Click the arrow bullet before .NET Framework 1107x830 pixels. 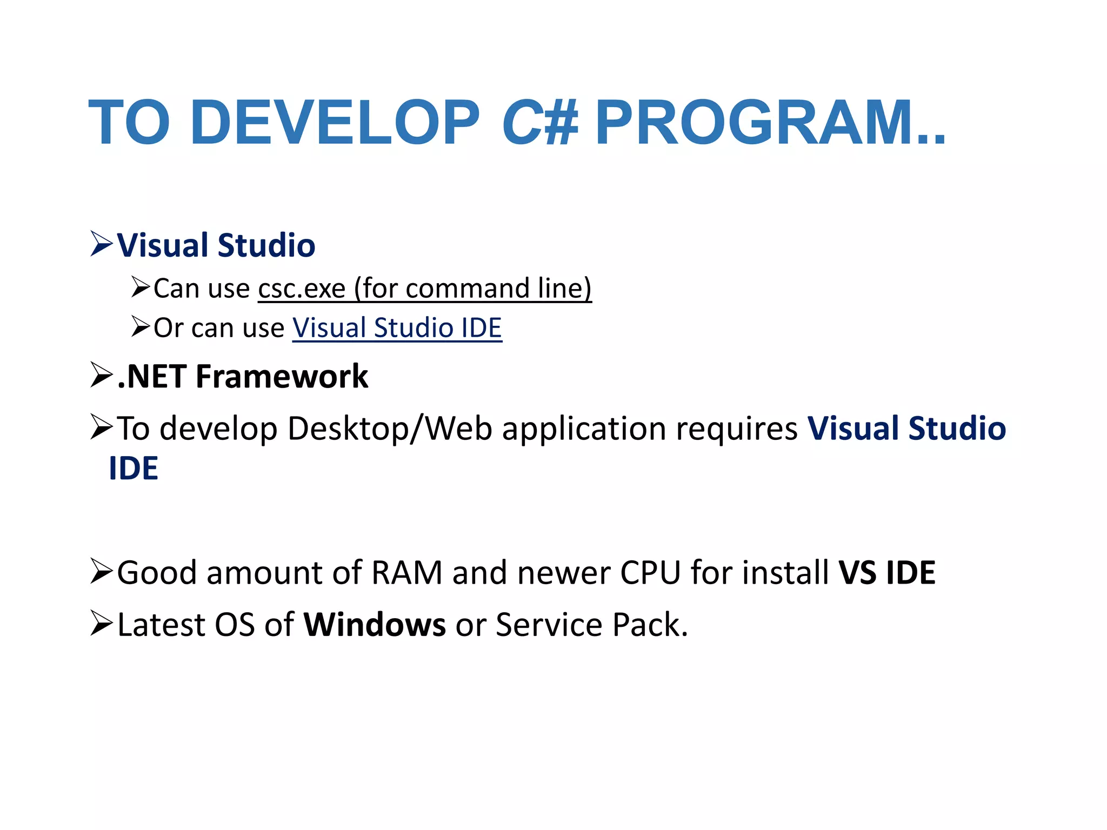point(101,375)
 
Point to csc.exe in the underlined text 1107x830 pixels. point(302,288)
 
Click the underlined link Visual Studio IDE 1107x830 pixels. point(397,327)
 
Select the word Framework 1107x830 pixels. point(282,376)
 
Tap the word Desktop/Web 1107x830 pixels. point(390,429)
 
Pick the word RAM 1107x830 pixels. point(407,572)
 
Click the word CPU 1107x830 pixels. point(650,572)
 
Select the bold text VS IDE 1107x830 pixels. point(887,572)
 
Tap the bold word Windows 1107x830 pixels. point(375,625)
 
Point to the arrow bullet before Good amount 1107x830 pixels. point(101,571)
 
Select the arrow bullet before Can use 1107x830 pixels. point(141,286)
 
